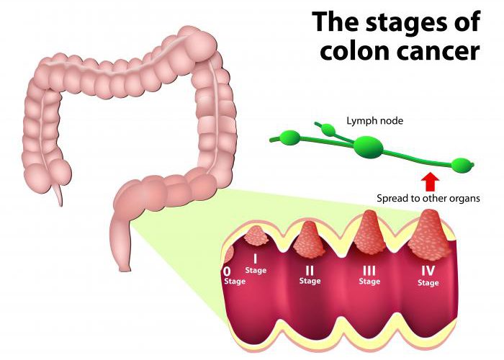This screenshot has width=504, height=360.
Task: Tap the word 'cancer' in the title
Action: point(438,51)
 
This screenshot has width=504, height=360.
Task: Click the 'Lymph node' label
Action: point(374,121)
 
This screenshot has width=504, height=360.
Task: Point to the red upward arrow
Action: point(430,183)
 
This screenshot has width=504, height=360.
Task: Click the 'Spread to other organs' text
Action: point(428,198)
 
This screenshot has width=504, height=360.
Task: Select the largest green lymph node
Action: point(369,147)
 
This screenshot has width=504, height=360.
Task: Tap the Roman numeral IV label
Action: point(428,271)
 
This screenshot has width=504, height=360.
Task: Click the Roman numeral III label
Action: point(369,271)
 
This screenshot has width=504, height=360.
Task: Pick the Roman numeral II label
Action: point(309,271)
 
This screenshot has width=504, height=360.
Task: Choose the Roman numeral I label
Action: point(256,258)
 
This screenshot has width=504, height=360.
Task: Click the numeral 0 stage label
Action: point(227,271)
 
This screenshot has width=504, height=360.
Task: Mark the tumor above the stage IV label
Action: point(428,234)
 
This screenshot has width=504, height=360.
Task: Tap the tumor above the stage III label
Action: point(369,233)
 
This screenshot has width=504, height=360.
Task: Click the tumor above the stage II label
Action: point(309,238)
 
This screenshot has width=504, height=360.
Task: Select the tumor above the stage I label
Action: point(256,235)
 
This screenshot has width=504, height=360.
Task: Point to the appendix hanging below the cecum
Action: point(58,194)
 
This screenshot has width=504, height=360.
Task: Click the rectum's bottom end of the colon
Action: point(125,267)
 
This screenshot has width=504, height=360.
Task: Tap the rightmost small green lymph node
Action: point(462,165)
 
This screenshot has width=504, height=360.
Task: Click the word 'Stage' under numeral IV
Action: point(428,283)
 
